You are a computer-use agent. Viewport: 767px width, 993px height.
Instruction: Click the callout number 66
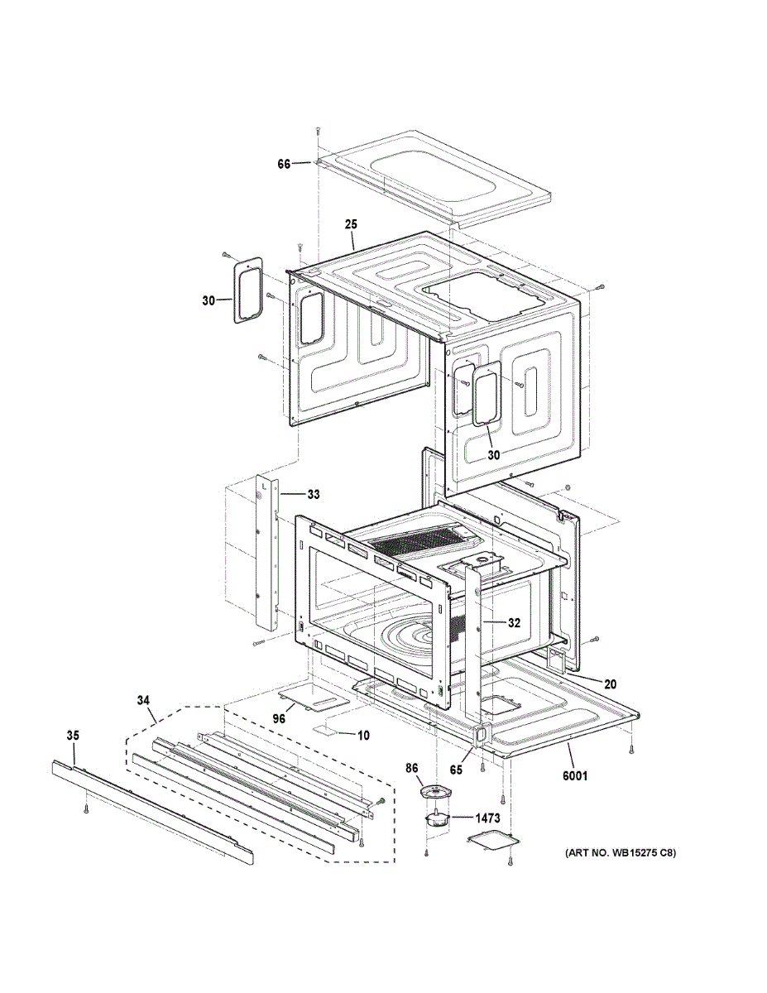[x=283, y=165]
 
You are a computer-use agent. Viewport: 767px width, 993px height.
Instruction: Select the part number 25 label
[x=351, y=224]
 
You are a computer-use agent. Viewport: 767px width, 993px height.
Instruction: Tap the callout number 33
[x=313, y=495]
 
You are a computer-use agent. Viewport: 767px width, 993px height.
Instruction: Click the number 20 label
[x=610, y=684]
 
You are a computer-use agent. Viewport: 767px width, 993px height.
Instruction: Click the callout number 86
[x=410, y=770]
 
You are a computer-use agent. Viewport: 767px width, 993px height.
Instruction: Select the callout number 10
[x=362, y=735]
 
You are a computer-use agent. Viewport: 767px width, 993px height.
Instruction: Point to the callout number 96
[x=279, y=719]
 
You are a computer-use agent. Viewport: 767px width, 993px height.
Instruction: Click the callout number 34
[x=144, y=701]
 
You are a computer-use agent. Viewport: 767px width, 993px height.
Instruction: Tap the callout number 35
[x=73, y=735]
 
